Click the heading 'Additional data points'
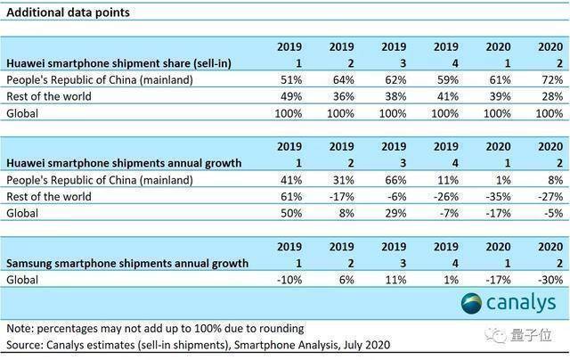coord(68,12)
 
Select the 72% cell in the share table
coord(552,79)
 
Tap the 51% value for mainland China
coord(291,79)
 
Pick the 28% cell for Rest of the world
coord(552,96)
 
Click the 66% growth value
coord(395,180)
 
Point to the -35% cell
coord(499,197)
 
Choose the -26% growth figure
coord(446,197)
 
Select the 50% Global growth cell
coord(291,213)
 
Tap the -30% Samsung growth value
coord(550,280)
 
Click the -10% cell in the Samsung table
coord(289,280)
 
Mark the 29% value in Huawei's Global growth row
coord(395,213)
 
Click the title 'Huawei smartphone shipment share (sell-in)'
coord(118,63)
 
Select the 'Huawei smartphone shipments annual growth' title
coord(124,163)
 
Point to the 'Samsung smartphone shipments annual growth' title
coord(127,263)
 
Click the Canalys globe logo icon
coord(471,303)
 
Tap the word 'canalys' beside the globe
coord(521,303)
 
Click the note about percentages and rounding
coord(155,328)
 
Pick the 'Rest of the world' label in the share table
coord(49,96)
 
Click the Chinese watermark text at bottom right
coord(531,335)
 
